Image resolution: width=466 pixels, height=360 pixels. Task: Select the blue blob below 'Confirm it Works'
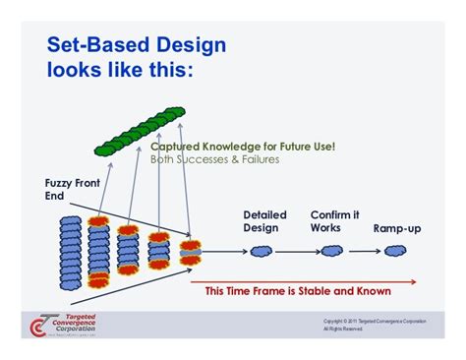[331, 252]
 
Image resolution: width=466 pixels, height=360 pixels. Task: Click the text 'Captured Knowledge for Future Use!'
[243, 147]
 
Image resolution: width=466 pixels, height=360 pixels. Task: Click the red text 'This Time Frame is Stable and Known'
[298, 291]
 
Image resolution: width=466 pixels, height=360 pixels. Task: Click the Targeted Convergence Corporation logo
[64, 324]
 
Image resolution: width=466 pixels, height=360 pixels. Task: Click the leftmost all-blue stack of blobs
[71, 252]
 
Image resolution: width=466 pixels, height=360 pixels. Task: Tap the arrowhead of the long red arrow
[414, 280]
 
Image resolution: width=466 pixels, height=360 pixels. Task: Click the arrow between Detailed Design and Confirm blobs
[297, 252]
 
